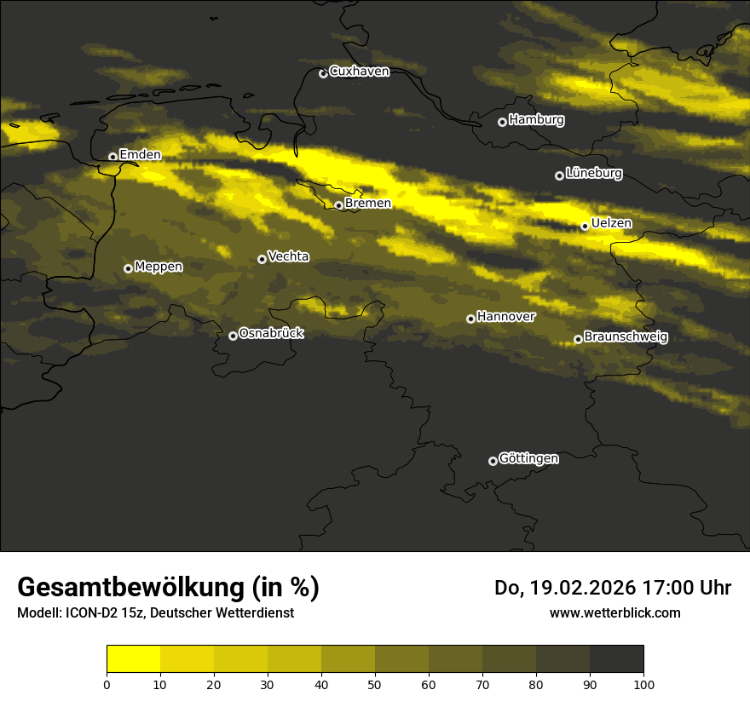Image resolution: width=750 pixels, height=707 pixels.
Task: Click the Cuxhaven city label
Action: pos(359,72)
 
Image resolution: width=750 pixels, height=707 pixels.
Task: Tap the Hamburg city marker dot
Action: pos(502,122)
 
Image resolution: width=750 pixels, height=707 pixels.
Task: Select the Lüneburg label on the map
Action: pos(593,174)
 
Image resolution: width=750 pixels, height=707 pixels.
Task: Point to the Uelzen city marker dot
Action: pos(585,226)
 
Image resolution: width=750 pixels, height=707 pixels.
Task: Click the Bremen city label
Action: pos(368,204)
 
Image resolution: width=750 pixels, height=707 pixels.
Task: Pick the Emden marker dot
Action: pos(112,157)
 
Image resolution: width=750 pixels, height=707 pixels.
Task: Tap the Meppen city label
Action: pos(159,267)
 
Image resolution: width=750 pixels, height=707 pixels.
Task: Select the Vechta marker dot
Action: pos(262,259)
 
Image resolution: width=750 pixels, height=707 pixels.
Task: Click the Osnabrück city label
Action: pos(271,334)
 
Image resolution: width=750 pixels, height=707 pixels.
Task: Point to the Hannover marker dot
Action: pos(470,319)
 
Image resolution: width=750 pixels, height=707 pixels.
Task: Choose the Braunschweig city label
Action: pos(626,337)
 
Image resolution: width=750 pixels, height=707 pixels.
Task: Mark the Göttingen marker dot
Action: pos(493,461)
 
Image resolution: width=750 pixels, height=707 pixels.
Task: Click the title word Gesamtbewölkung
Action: pos(131,588)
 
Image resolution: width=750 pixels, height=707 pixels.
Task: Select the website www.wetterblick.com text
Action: pos(614,612)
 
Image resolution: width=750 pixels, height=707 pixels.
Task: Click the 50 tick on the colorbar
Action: pos(375,683)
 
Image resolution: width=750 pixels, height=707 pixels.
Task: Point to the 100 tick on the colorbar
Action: pos(643,683)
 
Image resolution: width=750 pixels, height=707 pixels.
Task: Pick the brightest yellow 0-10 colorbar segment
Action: pos(134,659)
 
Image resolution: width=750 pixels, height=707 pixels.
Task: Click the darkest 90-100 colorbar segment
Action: pos(616,659)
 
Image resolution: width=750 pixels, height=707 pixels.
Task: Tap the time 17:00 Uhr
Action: pos(688,588)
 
